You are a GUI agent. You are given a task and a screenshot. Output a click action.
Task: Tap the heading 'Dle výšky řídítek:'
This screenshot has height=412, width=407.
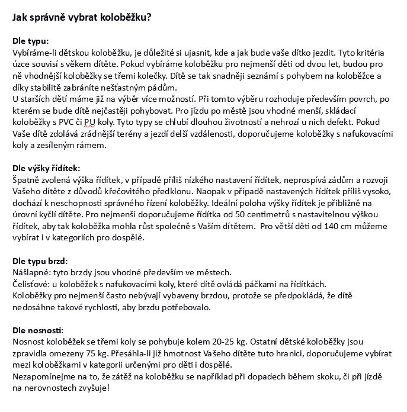click(46, 169)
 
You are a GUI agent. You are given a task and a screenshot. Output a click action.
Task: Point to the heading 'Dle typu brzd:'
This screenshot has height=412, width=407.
click(40, 261)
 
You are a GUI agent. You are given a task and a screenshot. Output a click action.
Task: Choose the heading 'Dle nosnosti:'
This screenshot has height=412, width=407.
click(37, 330)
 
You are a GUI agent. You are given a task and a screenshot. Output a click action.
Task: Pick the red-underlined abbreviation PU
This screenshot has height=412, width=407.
click(90, 123)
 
